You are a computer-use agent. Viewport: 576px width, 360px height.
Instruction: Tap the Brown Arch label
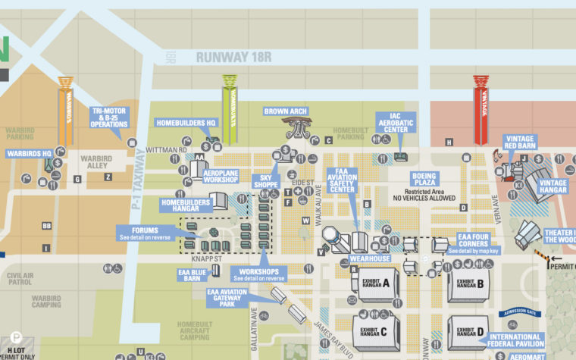click(x=286, y=111)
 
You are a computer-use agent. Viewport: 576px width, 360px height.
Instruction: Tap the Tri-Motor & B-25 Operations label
click(x=111, y=117)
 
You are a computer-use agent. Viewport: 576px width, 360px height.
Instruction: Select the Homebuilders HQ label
click(x=186, y=123)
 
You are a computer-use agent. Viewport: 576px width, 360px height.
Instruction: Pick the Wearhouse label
click(x=370, y=258)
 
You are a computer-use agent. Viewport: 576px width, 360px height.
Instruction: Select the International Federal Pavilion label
click(x=515, y=342)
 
